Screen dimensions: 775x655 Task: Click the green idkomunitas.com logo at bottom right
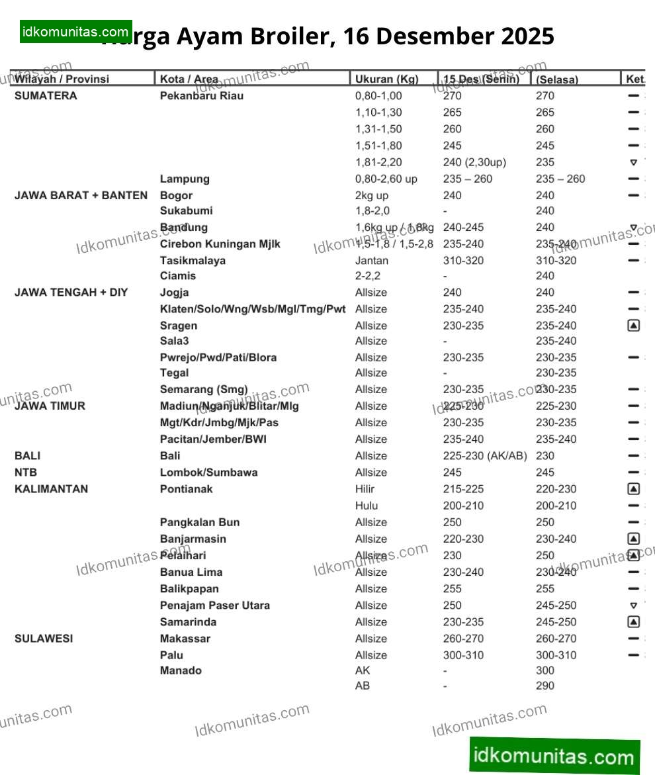click(x=554, y=756)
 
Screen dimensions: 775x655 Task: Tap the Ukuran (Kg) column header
click(x=386, y=79)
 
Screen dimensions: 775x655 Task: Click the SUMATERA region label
click(x=46, y=96)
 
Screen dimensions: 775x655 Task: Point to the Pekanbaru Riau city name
click(x=202, y=96)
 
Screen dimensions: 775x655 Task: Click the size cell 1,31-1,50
click(x=378, y=129)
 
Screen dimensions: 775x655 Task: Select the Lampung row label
click(x=185, y=179)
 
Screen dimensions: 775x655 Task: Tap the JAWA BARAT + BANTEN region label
click(x=81, y=195)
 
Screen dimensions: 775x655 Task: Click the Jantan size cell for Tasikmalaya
click(x=372, y=260)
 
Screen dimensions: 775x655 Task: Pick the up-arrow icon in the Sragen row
click(x=633, y=326)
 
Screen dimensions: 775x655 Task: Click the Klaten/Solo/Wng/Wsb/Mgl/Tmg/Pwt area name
click(x=253, y=309)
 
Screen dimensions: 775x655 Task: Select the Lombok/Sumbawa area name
click(x=208, y=473)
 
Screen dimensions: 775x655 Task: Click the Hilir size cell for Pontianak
click(x=365, y=489)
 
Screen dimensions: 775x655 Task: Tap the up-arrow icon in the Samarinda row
click(x=633, y=622)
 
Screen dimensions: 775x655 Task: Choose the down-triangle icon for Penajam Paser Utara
click(x=633, y=606)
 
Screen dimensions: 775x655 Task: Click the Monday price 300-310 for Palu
click(x=463, y=655)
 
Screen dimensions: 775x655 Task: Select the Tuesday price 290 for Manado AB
click(x=545, y=686)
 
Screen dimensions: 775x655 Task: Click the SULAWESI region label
click(x=44, y=639)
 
